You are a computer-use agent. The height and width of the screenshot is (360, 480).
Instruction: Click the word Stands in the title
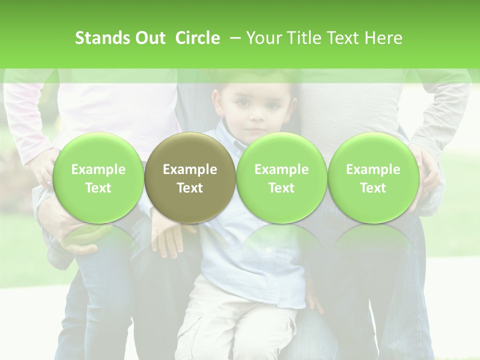100,38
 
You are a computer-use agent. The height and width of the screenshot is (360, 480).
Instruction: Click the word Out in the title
148,38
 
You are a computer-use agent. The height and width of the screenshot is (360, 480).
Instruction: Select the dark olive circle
189,177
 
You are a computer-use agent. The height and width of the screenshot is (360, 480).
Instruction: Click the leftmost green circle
98,177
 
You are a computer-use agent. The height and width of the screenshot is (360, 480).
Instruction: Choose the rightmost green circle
373,177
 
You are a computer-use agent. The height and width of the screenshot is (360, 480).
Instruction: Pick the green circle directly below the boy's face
281,177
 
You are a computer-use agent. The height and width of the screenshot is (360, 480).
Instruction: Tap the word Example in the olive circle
190,169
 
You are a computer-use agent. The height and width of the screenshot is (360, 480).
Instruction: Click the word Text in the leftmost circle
98,188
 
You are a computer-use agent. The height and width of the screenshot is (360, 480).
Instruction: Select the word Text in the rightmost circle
373,188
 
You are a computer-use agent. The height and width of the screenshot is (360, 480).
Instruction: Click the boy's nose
256,117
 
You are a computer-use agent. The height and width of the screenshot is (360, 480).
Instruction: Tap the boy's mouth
256,131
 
